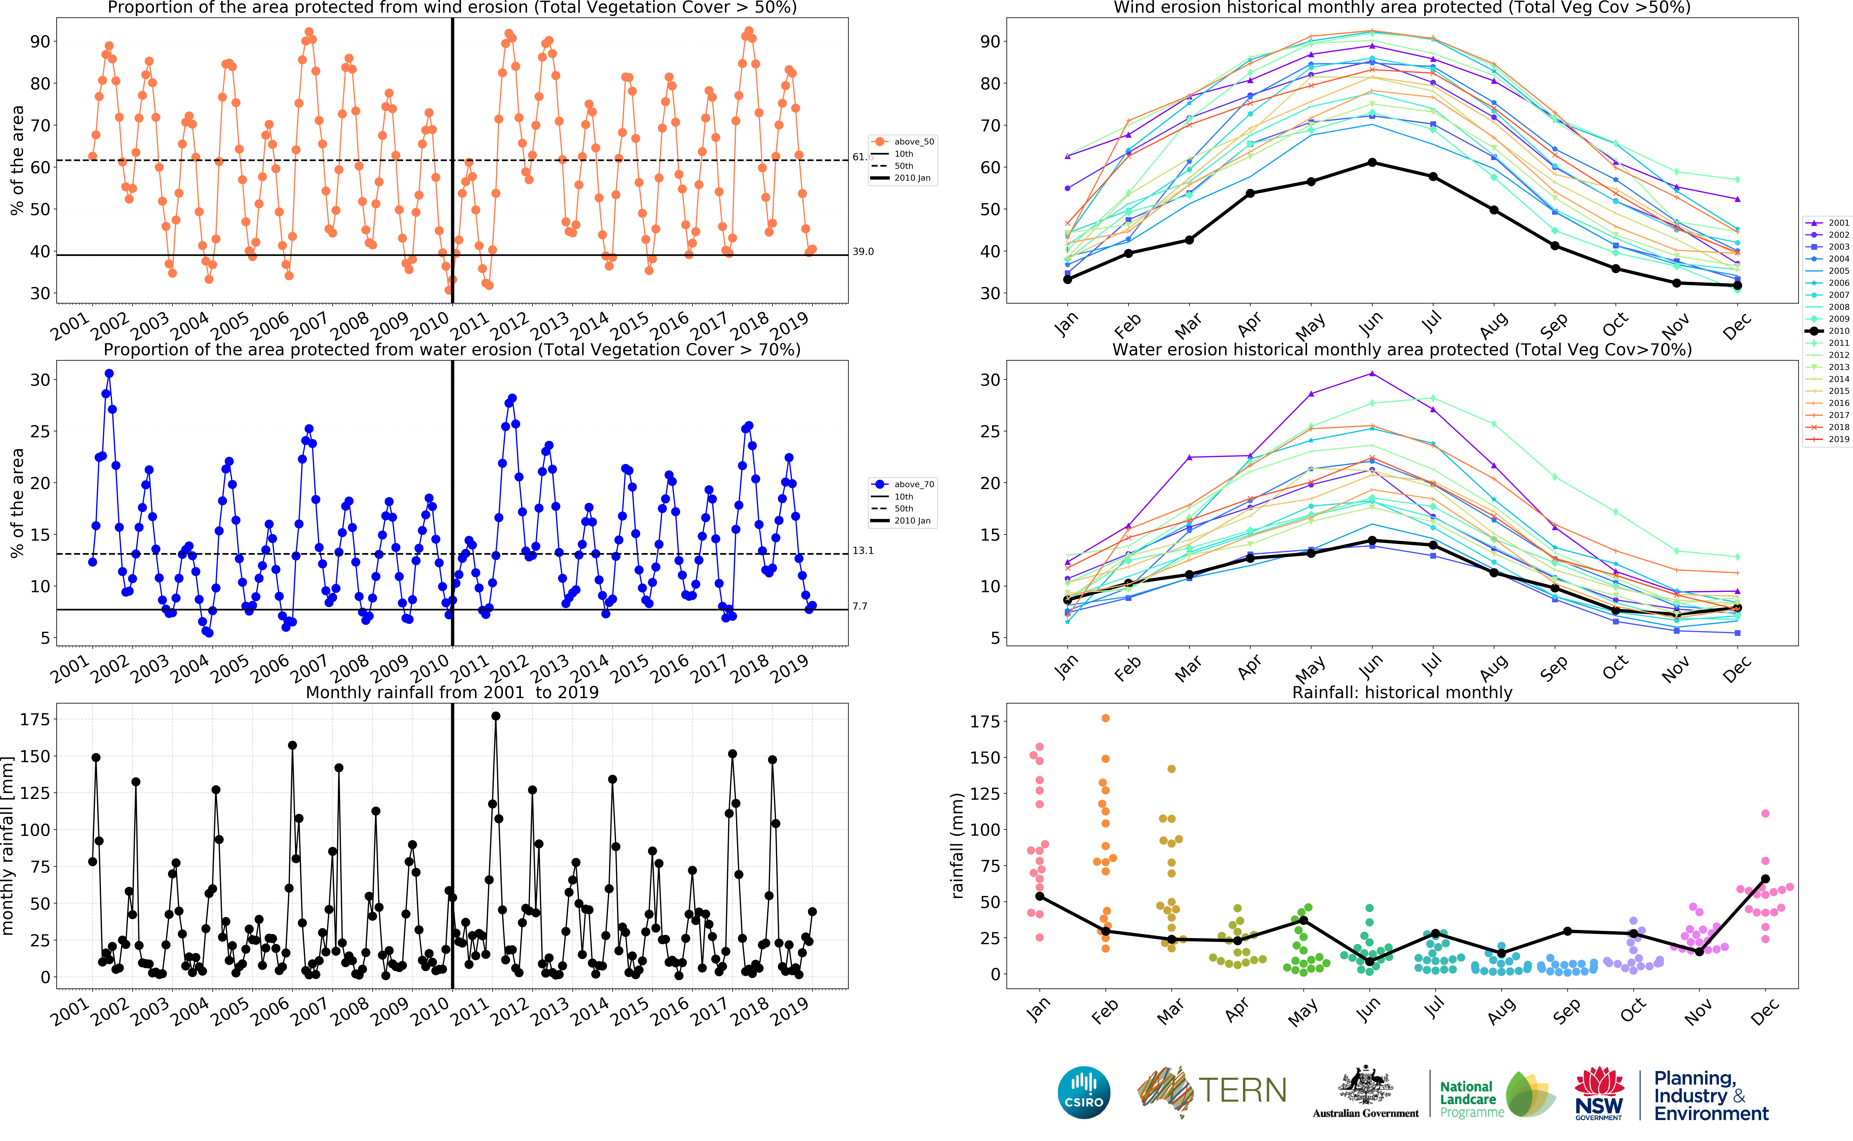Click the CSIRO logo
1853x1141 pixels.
(x=1084, y=1092)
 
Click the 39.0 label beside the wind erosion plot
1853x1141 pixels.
(x=863, y=251)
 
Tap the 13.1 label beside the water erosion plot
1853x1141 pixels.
(x=863, y=550)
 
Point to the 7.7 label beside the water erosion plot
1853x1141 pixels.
(x=860, y=606)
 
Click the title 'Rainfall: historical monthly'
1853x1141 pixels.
(x=1402, y=692)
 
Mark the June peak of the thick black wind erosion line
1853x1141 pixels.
(x=1372, y=162)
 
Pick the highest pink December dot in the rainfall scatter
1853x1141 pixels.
(x=1765, y=814)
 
